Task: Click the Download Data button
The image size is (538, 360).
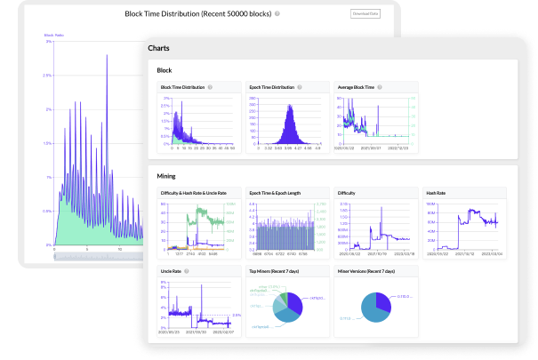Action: (366, 14)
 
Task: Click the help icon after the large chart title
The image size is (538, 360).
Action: (277, 14)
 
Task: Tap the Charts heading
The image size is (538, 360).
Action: (160, 48)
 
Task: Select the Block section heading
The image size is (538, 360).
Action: (165, 69)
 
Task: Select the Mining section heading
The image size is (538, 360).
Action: (166, 176)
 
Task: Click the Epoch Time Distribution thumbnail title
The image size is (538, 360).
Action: (269, 87)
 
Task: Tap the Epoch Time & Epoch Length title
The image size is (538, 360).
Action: (278, 192)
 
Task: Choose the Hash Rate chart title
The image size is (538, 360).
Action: (437, 192)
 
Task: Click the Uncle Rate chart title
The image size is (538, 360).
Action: (171, 271)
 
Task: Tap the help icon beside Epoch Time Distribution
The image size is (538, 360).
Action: (299, 87)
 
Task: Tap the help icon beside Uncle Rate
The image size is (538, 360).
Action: (187, 271)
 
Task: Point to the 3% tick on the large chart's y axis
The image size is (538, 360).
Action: (48, 43)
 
